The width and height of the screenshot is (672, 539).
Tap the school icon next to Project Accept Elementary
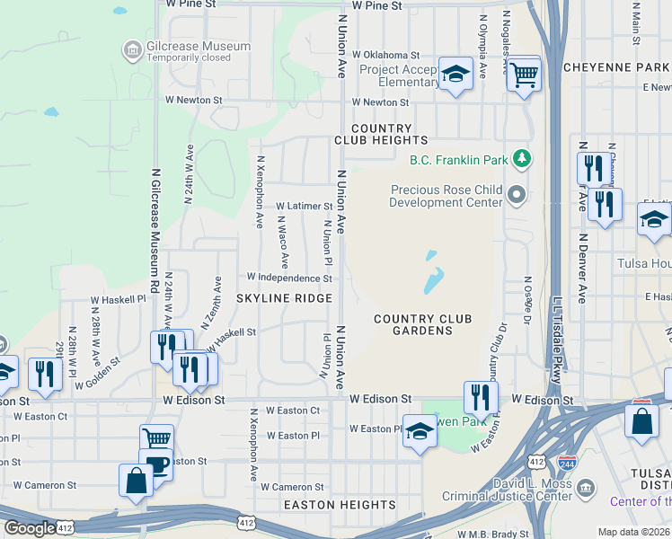455,73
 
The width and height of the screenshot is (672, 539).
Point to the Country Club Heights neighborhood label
381,135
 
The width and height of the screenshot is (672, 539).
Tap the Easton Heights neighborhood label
340,506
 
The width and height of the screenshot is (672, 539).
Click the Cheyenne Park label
616,67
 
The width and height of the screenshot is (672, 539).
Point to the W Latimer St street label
304,206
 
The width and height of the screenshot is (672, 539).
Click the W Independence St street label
283,278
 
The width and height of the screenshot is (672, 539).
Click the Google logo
31,528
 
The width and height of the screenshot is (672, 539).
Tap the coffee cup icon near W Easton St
157,465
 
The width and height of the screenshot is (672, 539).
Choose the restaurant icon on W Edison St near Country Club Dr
481,396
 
